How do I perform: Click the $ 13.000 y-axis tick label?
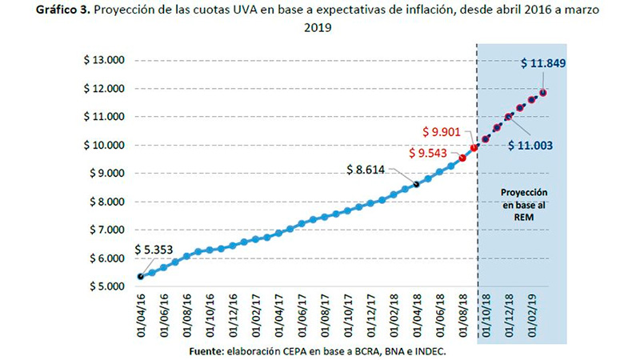tap(104, 60)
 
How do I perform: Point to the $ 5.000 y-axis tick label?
tap(107, 286)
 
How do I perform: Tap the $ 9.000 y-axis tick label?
tap(107, 173)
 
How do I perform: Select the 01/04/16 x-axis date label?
tap(142, 315)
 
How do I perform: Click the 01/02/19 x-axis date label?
tap(532, 315)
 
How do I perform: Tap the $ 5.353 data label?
tap(154, 250)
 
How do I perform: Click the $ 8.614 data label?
tap(366, 170)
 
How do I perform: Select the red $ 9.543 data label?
tap(428, 153)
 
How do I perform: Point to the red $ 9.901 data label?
tap(442, 132)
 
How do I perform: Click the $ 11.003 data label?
tap(530, 146)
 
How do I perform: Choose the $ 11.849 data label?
tap(543, 63)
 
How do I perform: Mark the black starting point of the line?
tap(141, 277)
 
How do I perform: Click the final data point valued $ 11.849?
tap(543, 93)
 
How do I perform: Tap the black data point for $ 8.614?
tap(416, 185)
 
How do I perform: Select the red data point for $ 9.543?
tap(462, 158)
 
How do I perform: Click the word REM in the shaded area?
tap(524, 217)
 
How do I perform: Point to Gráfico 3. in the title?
tap(63, 10)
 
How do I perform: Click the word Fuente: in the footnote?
tap(206, 351)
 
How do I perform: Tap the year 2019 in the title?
tap(318, 27)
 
